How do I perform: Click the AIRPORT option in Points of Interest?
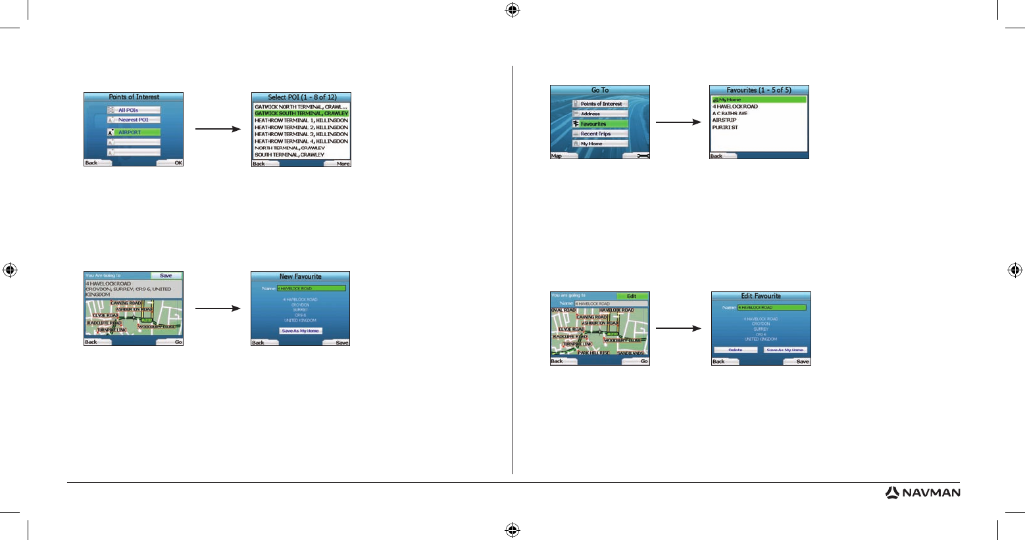(134, 132)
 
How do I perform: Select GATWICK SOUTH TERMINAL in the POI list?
(301, 113)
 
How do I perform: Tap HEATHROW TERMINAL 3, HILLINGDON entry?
(301, 134)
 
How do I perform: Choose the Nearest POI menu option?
(134, 120)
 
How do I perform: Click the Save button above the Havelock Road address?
(166, 276)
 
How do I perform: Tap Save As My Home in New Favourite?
(300, 331)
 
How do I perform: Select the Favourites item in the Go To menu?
(599, 124)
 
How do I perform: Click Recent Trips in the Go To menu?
(599, 134)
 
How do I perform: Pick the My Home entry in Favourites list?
(759, 99)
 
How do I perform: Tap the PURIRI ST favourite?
(725, 128)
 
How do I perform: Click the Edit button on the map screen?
(632, 296)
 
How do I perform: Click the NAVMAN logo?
(922, 493)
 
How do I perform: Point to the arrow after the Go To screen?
(678, 122)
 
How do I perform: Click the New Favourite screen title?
(300, 276)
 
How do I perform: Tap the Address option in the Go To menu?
(599, 114)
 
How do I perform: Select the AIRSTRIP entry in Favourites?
(724, 120)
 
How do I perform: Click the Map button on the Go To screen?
(557, 156)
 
